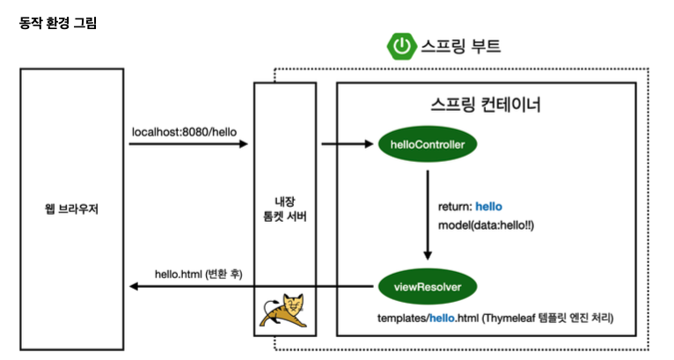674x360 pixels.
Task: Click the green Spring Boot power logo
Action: [x=402, y=46]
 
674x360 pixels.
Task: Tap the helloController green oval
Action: [x=428, y=144]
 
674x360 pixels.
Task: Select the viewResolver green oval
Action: [x=428, y=286]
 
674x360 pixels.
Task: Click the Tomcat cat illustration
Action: [x=282, y=310]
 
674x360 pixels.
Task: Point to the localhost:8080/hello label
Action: [x=184, y=132]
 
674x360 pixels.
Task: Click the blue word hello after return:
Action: [x=488, y=207]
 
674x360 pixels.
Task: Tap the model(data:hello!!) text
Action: [x=486, y=225]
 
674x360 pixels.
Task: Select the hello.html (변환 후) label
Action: [x=199, y=274]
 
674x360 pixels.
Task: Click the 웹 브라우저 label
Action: [x=72, y=209]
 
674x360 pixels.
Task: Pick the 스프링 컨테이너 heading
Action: [x=486, y=105]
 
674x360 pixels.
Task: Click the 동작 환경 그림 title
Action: [x=58, y=22]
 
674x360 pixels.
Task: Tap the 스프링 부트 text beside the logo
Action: [x=461, y=46]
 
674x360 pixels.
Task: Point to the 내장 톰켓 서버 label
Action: [x=285, y=209]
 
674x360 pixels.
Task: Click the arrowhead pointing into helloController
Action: [x=369, y=144]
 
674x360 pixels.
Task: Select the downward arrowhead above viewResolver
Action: [x=428, y=255]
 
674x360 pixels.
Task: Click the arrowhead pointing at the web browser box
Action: [x=134, y=286]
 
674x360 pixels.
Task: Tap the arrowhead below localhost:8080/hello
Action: [x=244, y=144]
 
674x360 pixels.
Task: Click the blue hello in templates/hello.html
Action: [x=442, y=319]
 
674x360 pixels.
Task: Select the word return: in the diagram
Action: [x=455, y=207]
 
